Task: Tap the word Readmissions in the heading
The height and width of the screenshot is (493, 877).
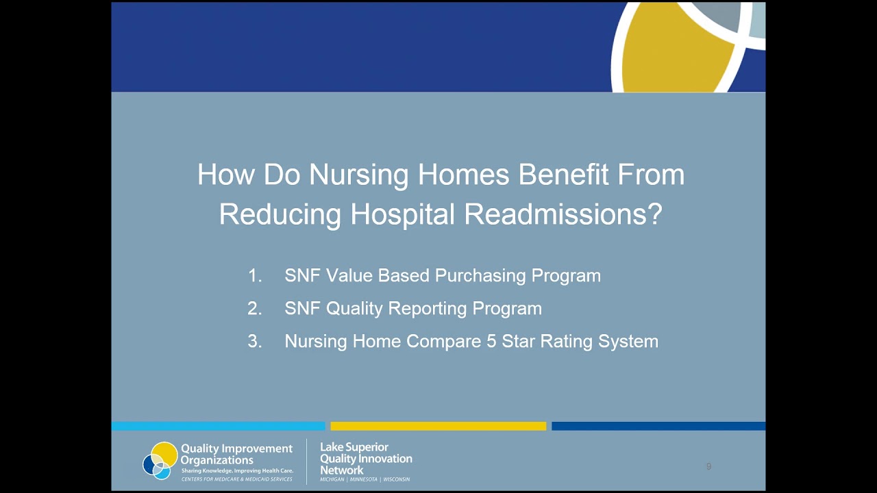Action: click(x=564, y=215)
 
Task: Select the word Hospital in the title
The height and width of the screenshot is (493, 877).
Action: click(x=403, y=215)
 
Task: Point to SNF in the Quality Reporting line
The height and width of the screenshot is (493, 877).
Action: click(x=302, y=309)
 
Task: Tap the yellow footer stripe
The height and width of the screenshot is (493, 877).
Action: click(x=438, y=426)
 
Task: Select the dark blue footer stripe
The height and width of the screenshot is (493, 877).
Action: click(x=658, y=426)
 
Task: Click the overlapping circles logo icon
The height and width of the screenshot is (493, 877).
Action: click(x=160, y=461)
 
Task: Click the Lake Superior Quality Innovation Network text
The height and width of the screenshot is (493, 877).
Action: click(x=366, y=459)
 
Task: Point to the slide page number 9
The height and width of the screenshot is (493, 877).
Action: click(x=708, y=466)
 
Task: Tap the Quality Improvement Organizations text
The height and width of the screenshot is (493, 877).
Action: click(x=236, y=454)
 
